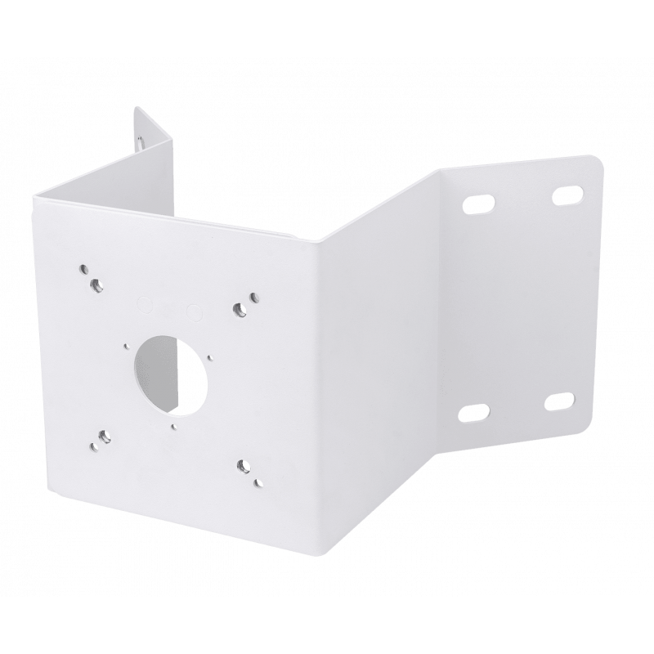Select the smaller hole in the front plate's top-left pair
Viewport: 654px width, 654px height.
point(85,267)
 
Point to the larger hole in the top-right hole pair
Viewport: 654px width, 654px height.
point(240,308)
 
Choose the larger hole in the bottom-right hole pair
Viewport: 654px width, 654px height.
point(243,467)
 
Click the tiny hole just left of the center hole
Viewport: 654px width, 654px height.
point(127,346)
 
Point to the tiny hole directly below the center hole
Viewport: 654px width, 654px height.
point(175,426)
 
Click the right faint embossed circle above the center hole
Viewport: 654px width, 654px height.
point(195,311)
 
